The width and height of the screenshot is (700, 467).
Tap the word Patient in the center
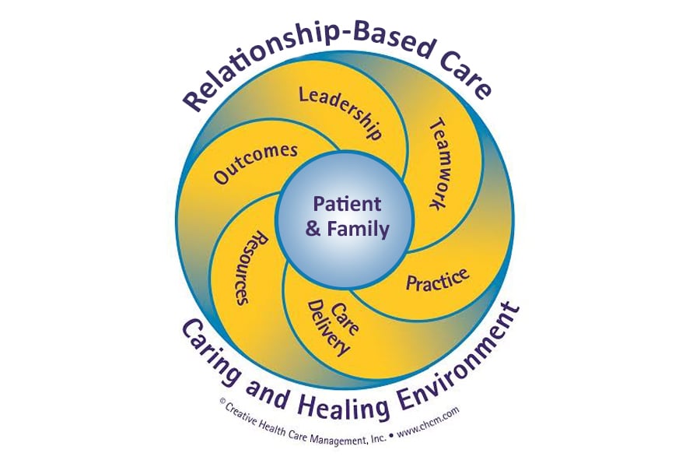pos(347,205)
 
